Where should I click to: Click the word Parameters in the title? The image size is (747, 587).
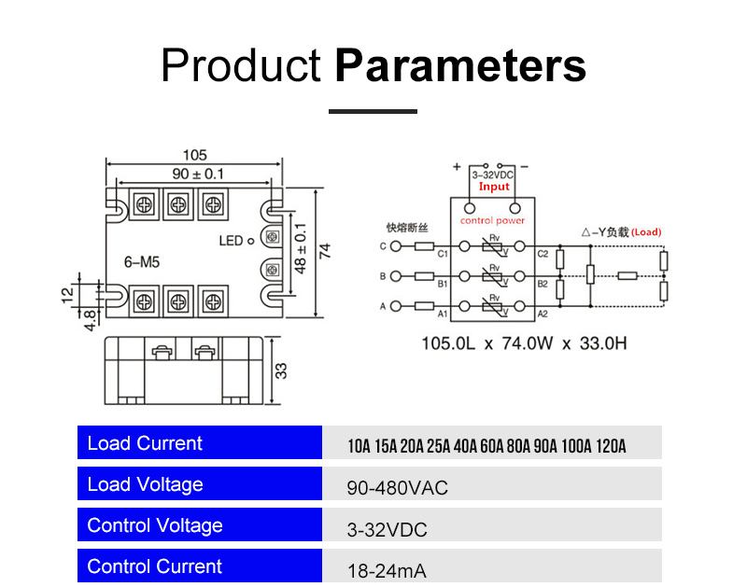[460, 66]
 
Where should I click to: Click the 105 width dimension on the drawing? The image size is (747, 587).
[194, 155]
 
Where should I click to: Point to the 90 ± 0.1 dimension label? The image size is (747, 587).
[197, 174]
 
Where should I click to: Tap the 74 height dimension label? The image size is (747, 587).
[325, 249]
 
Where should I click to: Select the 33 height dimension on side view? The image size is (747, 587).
[281, 370]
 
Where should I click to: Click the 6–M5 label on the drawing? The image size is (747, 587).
[142, 263]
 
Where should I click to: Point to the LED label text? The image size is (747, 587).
[231, 241]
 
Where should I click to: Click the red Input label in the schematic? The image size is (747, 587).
[494, 187]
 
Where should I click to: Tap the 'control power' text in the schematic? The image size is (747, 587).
[492, 220]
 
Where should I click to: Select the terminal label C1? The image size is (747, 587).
[444, 254]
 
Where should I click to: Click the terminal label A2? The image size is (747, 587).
[543, 314]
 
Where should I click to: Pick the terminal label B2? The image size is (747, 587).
[543, 283]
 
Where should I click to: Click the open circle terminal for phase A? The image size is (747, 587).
[396, 305]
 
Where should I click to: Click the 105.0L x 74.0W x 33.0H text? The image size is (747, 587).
[524, 343]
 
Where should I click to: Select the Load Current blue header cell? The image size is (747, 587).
[197, 443]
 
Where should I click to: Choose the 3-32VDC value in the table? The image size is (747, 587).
[387, 529]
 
